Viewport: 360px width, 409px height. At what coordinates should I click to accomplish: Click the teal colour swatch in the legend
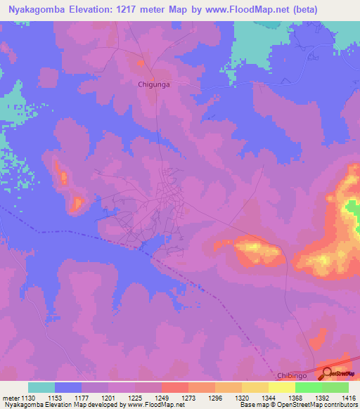pyautogui.click(x=41, y=387)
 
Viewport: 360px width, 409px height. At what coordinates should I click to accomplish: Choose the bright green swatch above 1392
pyautogui.click(x=309, y=387)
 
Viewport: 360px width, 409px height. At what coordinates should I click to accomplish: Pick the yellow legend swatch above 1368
pyautogui.click(x=282, y=387)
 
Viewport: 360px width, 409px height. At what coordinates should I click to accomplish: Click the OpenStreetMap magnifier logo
pyautogui.click(x=328, y=374)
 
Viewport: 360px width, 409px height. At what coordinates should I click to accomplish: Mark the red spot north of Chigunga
pyautogui.click(x=140, y=63)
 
